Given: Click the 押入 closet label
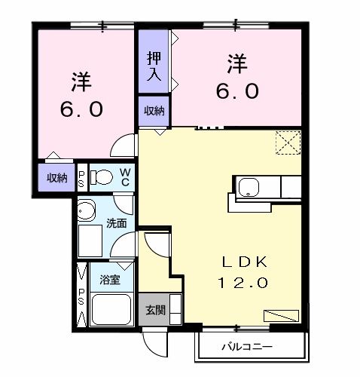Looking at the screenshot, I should pyautogui.click(x=153, y=66).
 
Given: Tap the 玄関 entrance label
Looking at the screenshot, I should pyautogui.click(x=154, y=310).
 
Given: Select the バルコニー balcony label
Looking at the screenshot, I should pyautogui.click(x=246, y=348).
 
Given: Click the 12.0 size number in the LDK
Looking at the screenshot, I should pyautogui.click(x=242, y=283).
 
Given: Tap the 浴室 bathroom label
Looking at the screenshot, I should pyautogui.click(x=110, y=280).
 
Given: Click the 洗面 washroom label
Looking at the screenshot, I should pyautogui.click(x=116, y=223).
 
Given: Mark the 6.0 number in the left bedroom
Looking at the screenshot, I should pyautogui.click(x=81, y=109).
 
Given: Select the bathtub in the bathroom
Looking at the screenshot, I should pyautogui.click(x=111, y=309).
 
